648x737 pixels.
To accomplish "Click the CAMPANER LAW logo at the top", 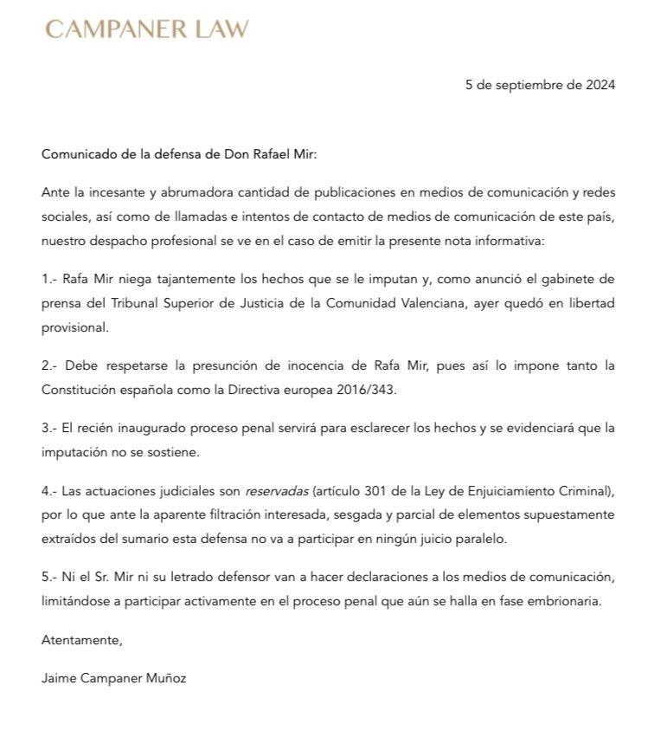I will (147, 29).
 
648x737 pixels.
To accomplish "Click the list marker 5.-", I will (50, 578).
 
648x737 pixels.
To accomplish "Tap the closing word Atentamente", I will (82, 641).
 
